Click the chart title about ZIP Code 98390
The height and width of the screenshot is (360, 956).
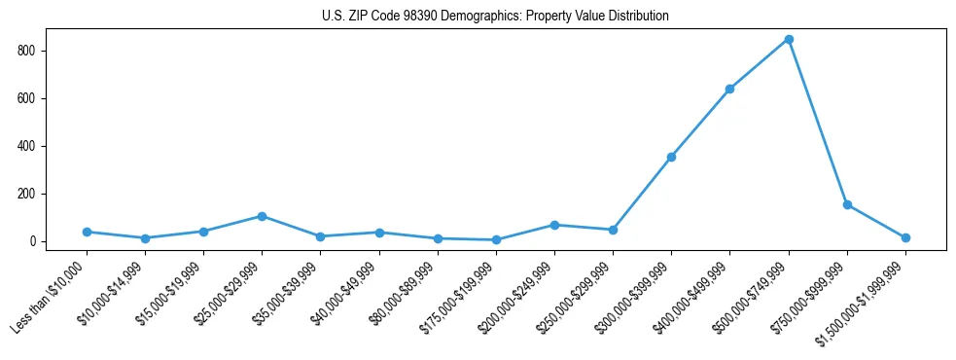pyautogui.click(x=495, y=17)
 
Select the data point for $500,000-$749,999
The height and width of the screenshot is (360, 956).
pyautogui.click(x=789, y=40)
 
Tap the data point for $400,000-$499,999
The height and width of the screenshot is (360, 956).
pyautogui.click(x=729, y=89)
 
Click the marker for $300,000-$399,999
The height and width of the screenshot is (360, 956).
pyautogui.click(x=671, y=157)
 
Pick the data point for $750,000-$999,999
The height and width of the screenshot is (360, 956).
pyautogui.click(x=847, y=204)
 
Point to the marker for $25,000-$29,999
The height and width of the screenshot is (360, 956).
pyautogui.click(x=262, y=216)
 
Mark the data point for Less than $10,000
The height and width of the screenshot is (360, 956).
pyautogui.click(x=87, y=232)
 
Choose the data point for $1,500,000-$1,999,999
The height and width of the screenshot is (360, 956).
pyautogui.click(x=905, y=237)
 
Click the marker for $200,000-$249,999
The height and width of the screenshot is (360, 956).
pyautogui.click(x=554, y=225)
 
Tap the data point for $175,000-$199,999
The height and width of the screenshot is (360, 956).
pyautogui.click(x=496, y=239)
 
